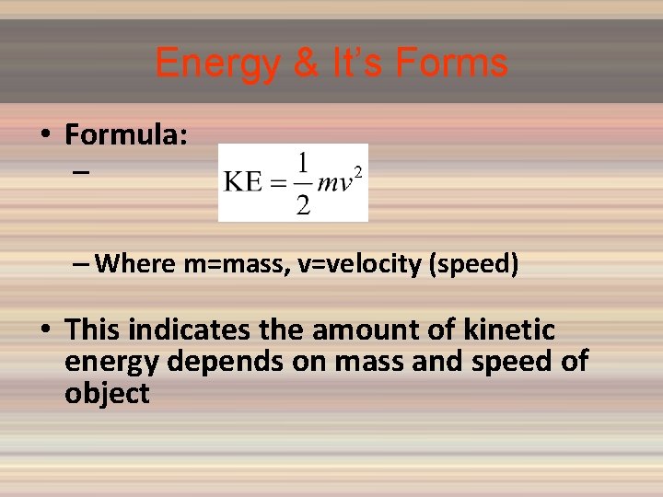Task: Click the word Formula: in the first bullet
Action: pos(127,135)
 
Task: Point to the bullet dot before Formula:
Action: pos(44,136)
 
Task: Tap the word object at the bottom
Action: pos(107,394)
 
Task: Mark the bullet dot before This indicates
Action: pos(44,330)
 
